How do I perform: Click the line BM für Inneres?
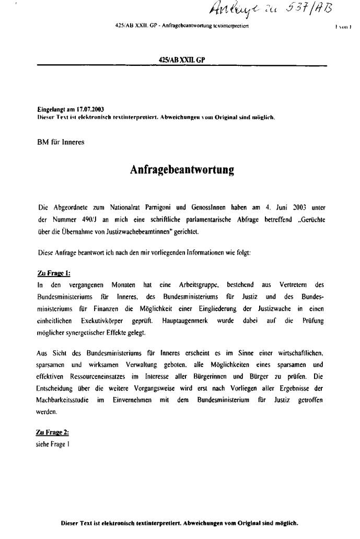[x=61, y=142]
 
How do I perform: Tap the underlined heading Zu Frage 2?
[x=53, y=432]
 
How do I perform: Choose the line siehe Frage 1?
[x=53, y=444]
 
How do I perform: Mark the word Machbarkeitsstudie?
[x=69, y=400]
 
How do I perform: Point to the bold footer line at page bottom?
[x=180, y=522]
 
